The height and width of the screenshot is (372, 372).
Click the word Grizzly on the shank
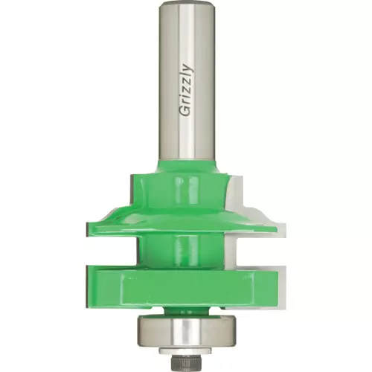(186, 90)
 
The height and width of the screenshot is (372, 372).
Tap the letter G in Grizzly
(186, 111)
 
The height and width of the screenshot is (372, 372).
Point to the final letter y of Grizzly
(187, 68)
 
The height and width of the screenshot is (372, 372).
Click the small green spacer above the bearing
(186, 311)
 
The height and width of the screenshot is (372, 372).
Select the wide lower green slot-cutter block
(182, 287)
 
